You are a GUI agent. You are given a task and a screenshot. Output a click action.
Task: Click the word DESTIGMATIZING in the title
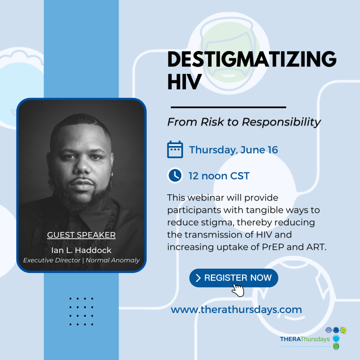coord(252,60)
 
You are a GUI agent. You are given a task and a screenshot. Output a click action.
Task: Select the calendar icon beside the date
coord(175,149)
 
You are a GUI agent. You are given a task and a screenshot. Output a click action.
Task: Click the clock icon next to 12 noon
coord(175,175)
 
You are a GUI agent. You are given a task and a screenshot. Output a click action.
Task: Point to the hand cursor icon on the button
coord(238,290)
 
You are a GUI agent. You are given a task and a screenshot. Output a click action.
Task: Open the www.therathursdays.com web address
coord(236,309)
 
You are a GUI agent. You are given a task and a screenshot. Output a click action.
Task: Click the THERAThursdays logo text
coord(304,339)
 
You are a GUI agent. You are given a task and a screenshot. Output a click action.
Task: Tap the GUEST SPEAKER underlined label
coord(81,235)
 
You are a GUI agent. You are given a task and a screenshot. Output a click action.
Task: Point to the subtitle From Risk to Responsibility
coord(243,122)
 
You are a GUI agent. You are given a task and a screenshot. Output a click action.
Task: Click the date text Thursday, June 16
coord(233,149)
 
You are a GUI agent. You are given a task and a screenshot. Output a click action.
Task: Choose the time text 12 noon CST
coord(219,176)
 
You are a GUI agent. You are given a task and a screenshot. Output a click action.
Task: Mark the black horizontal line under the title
coord(228,107)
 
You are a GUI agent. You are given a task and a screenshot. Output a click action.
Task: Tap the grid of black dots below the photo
coord(81,311)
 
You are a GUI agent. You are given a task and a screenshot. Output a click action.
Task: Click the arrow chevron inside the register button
coord(198,278)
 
